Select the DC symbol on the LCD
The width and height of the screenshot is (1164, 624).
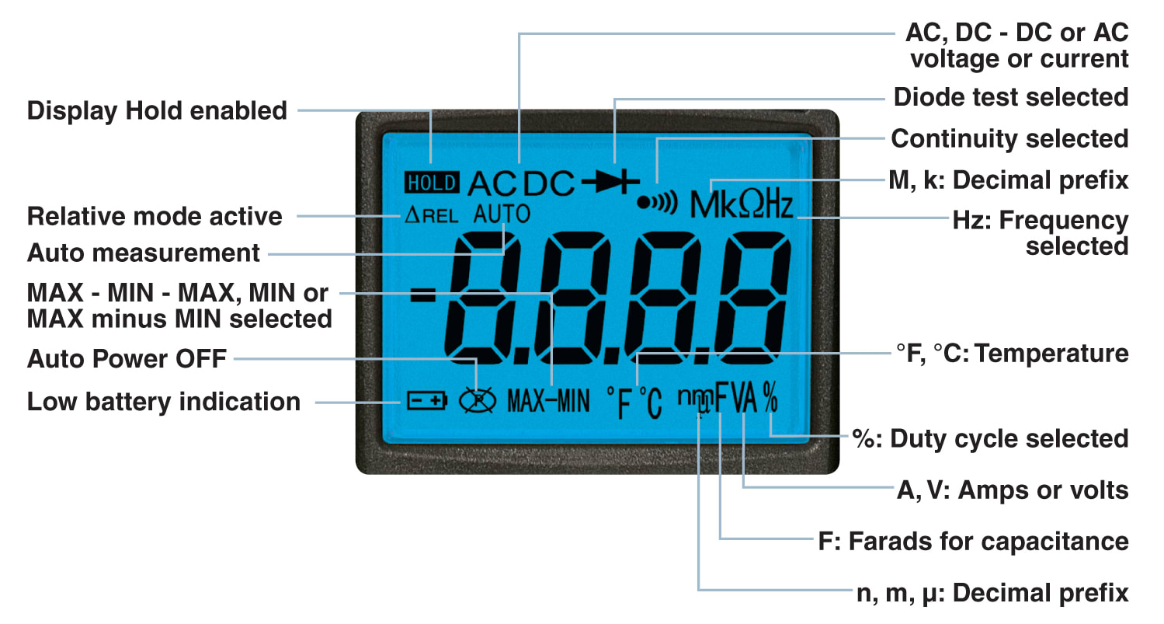coord(549,183)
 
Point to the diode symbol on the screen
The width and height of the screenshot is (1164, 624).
coord(610,183)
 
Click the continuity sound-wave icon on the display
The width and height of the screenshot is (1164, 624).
coord(657,203)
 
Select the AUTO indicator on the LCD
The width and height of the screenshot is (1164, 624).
coord(502,214)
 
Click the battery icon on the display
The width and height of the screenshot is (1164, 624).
coord(427,401)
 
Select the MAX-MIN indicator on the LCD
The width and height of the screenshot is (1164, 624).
coord(548,401)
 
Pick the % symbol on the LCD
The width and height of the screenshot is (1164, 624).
coord(770,399)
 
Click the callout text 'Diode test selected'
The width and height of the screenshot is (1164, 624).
coord(1011,97)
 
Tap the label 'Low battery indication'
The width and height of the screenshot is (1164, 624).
coord(164,402)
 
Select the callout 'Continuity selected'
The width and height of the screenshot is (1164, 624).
coord(1009,139)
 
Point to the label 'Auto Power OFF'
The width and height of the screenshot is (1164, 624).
coord(127,359)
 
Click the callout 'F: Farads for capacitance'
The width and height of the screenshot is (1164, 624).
coord(974,541)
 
